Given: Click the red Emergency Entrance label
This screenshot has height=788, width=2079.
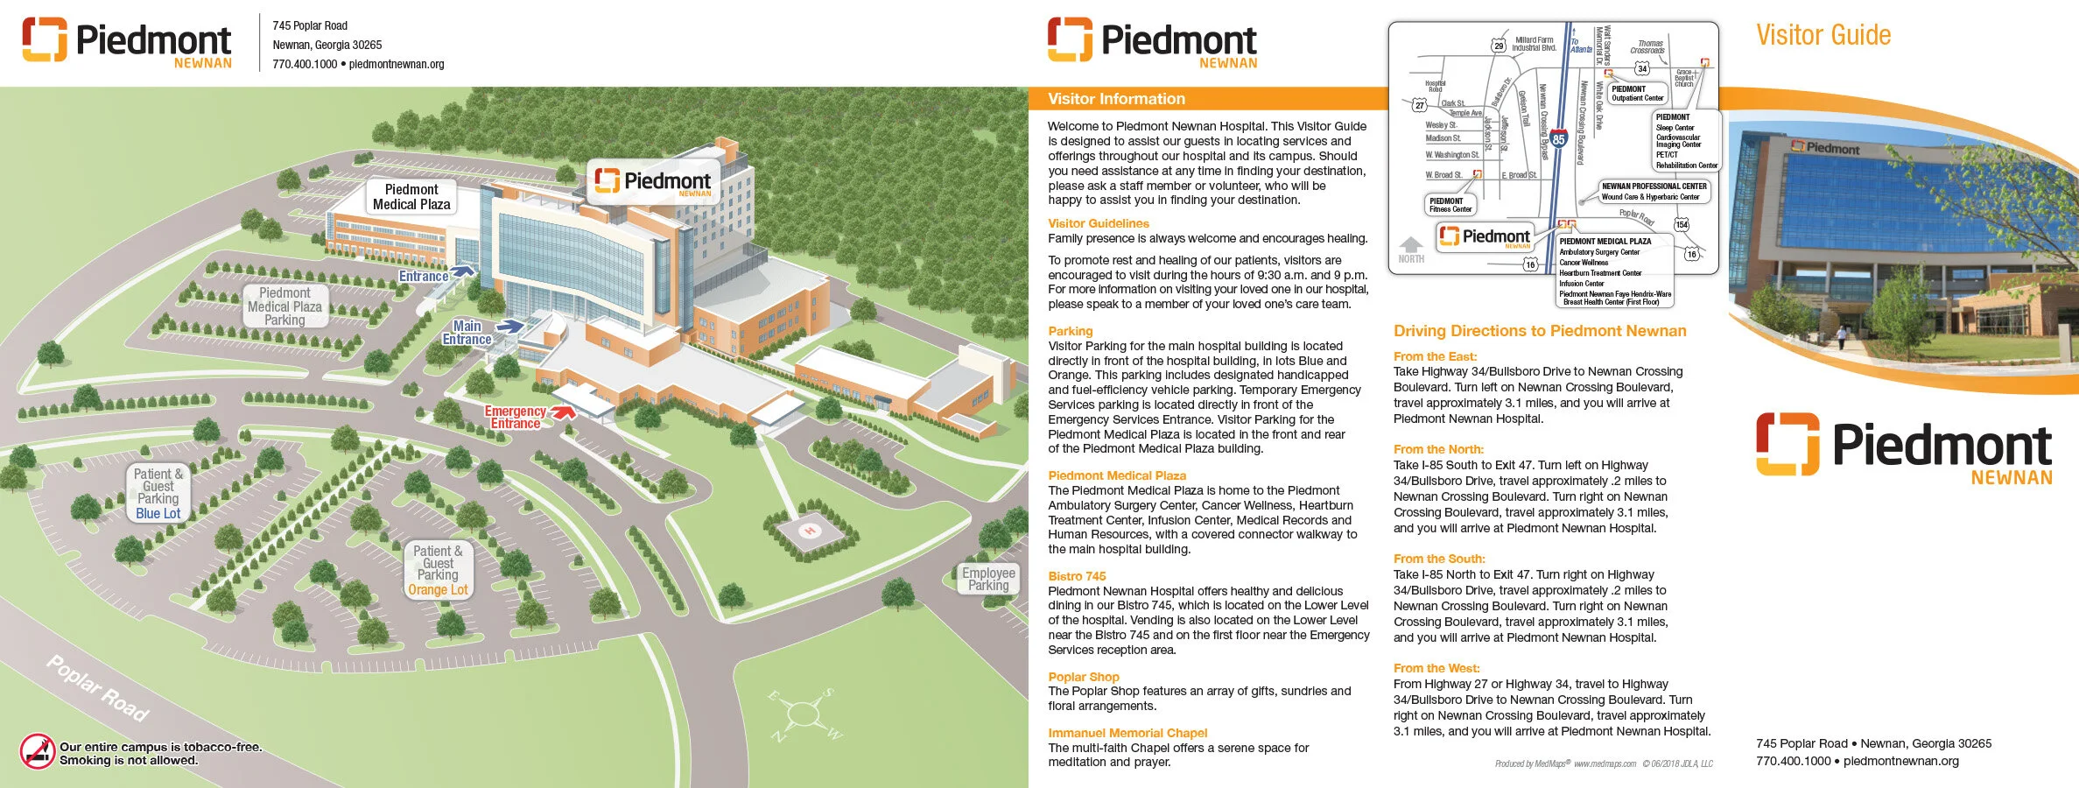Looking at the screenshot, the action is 515,418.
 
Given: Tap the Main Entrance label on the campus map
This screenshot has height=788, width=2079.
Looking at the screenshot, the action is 467,333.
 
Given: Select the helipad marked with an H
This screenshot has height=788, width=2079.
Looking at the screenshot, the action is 809,531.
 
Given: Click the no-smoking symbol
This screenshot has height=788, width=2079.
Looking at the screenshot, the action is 38,751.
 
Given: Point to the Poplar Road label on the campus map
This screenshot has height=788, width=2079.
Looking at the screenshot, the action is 97,688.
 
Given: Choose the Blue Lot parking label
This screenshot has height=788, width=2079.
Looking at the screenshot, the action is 158,514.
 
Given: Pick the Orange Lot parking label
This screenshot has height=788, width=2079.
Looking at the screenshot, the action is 438,590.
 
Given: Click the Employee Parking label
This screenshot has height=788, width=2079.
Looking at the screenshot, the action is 988,579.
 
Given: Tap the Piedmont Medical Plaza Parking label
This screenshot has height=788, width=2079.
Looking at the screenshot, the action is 284,306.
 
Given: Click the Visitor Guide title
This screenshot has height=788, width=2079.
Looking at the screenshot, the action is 1823,35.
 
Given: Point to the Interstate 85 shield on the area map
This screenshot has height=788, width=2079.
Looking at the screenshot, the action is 1558,138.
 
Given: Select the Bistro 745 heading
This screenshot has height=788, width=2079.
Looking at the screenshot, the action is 1077,576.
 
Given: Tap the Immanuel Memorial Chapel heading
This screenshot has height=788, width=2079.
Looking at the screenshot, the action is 1127,733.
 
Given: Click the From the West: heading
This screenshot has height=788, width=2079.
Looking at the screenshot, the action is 1436,668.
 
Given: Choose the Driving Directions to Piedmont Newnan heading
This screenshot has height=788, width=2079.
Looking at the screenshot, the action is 1540,331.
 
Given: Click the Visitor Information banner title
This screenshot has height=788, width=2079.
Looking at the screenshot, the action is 1116,99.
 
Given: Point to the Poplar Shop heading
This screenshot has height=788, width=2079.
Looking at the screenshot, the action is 1084,677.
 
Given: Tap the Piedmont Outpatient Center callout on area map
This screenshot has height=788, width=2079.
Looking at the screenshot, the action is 1637,94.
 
